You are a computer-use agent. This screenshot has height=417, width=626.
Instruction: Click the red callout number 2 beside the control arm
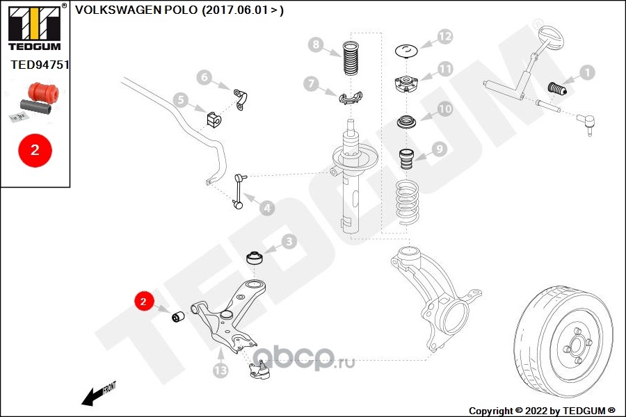pyautogui.click(x=143, y=302)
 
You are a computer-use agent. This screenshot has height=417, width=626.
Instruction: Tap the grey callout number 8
pyautogui.click(x=316, y=45)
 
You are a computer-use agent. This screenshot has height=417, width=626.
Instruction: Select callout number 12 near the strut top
pyautogui.click(x=444, y=36)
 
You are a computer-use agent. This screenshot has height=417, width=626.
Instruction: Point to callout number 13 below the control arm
pyautogui.click(x=220, y=372)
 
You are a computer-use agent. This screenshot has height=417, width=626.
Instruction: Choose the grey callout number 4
pyautogui.click(x=266, y=207)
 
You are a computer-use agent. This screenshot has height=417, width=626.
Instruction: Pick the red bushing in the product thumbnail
pyautogui.click(x=43, y=91)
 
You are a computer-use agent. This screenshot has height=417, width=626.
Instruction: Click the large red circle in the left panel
pyautogui.click(x=35, y=149)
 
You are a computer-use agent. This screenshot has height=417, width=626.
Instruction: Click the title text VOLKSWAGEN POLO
pyautogui.click(x=136, y=10)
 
